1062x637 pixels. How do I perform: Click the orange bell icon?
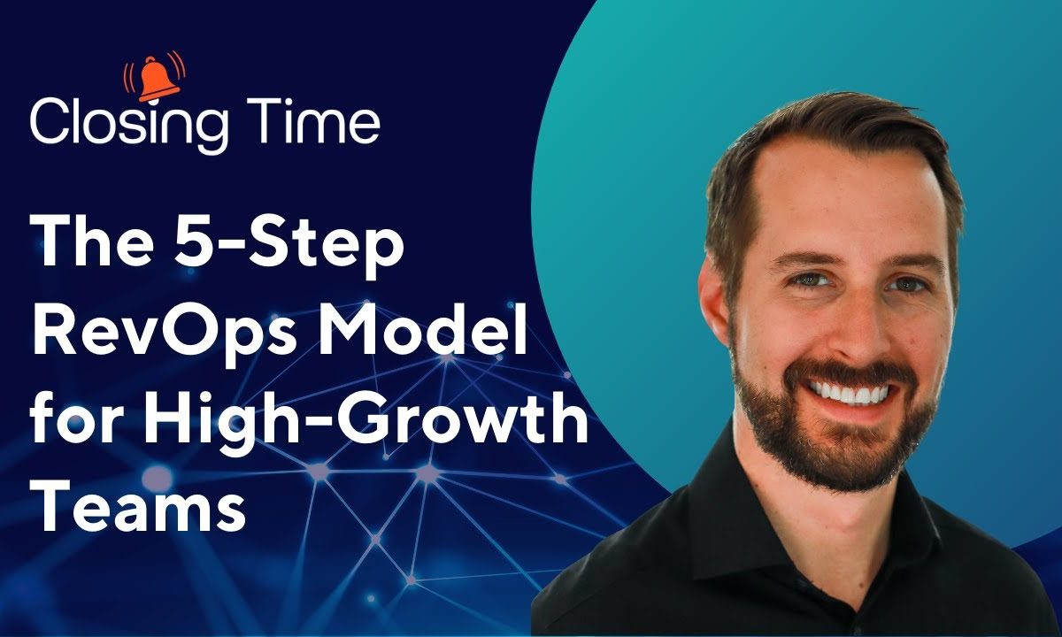click(155, 78)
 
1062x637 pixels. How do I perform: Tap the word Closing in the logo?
click(128, 125)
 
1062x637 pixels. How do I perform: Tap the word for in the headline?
click(77, 416)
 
